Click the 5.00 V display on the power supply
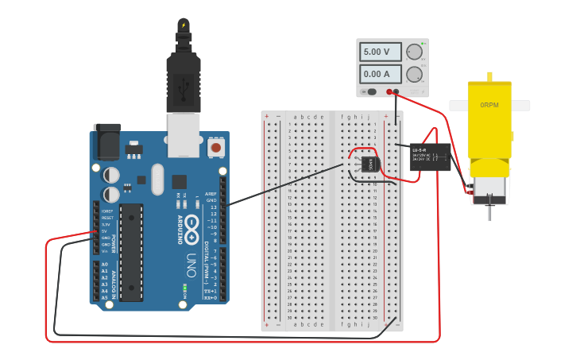(x=381, y=52)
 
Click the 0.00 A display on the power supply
(x=381, y=75)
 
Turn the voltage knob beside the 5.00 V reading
(x=414, y=52)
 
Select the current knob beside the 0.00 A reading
(x=414, y=75)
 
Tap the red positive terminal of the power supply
(x=389, y=91)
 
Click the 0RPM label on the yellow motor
(x=489, y=105)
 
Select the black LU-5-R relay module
(x=430, y=156)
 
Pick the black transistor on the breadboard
(x=369, y=164)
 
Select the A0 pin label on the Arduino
(x=104, y=265)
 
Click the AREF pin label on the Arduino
(x=211, y=193)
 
